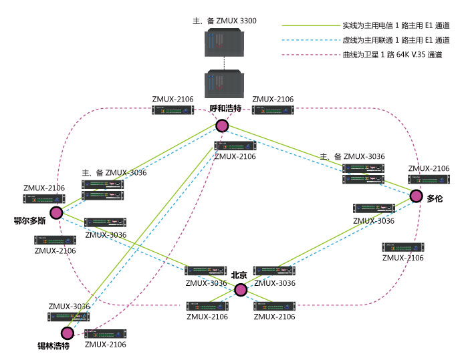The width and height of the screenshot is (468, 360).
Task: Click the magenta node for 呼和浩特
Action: pos(222,126)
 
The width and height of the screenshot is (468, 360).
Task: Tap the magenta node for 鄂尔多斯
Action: pos(56,212)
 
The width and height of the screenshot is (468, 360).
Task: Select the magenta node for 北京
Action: pos(241,289)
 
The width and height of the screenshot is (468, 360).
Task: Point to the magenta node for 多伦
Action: pos(417,196)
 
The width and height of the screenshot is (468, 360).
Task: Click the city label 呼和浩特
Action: pos(225,108)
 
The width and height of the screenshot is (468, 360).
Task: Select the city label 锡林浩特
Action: pos(54,347)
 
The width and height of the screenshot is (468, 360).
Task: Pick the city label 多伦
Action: pos(435,199)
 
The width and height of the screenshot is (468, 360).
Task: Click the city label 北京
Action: pos(239,275)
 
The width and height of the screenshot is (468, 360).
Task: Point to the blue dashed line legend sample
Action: pos(310,41)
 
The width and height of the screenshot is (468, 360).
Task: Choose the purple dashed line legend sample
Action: pos(310,55)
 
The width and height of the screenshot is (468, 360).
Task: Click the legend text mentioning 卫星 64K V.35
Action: pos(392,55)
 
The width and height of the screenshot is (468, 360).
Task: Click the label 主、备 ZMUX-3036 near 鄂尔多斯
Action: pos(114,173)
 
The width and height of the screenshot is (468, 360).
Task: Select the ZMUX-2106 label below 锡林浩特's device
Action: pos(105,345)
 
